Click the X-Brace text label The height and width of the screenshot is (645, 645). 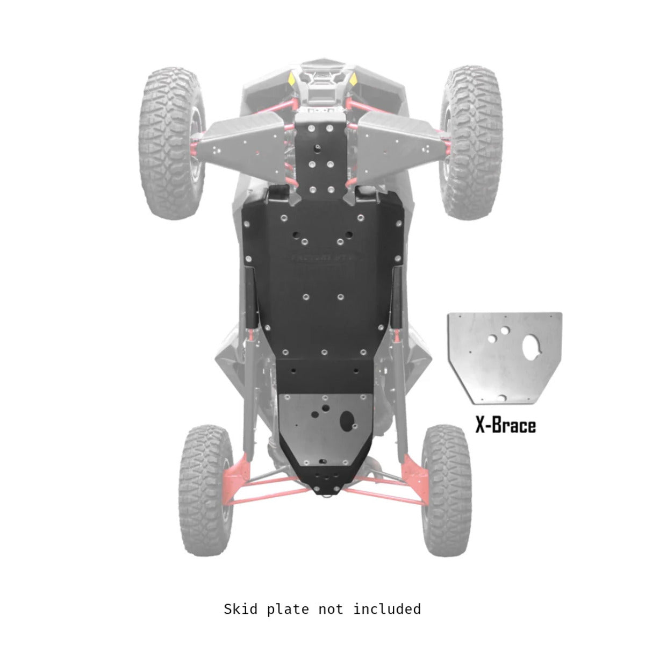(x=505, y=426)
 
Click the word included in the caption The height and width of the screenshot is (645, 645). (x=387, y=609)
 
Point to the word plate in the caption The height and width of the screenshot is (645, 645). (x=290, y=609)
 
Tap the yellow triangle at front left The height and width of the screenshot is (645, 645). (x=291, y=80)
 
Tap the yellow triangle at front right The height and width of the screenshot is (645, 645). (x=354, y=80)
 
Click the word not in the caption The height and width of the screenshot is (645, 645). (x=335, y=609)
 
